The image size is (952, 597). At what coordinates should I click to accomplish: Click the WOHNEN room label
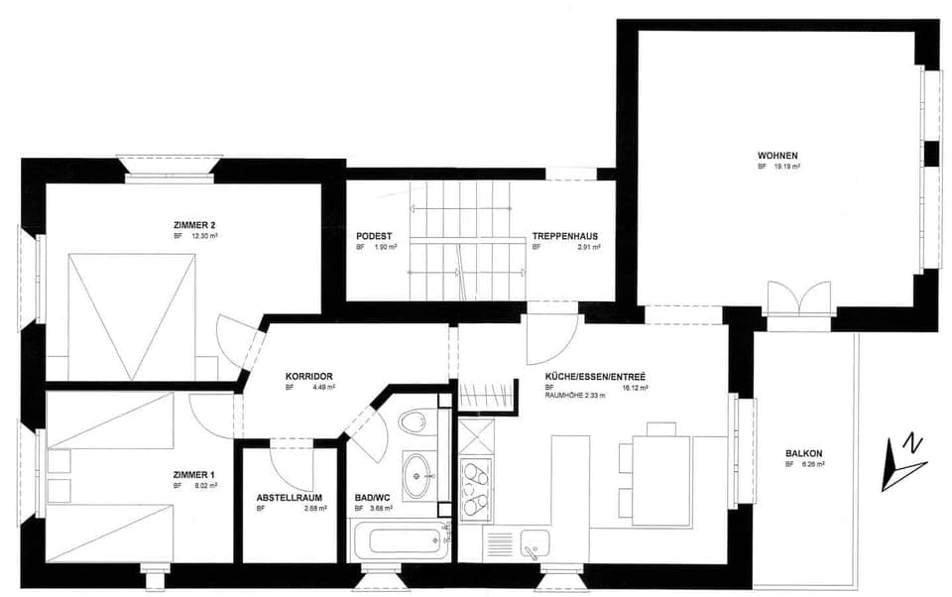click(777, 156)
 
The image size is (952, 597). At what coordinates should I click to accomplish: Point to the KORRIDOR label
click(307, 376)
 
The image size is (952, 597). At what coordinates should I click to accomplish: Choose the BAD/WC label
click(373, 498)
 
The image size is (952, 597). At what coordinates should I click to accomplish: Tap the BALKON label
click(803, 453)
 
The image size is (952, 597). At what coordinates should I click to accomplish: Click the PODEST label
click(374, 236)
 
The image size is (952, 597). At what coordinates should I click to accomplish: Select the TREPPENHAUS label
click(564, 236)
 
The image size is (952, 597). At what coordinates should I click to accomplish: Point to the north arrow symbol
click(903, 462)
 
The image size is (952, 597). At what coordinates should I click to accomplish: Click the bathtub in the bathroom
click(399, 541)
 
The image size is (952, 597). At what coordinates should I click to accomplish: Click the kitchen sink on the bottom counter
click(534, 543)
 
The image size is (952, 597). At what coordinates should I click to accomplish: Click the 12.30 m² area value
click(203, 237)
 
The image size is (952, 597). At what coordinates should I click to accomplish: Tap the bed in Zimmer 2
click(132, 315)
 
